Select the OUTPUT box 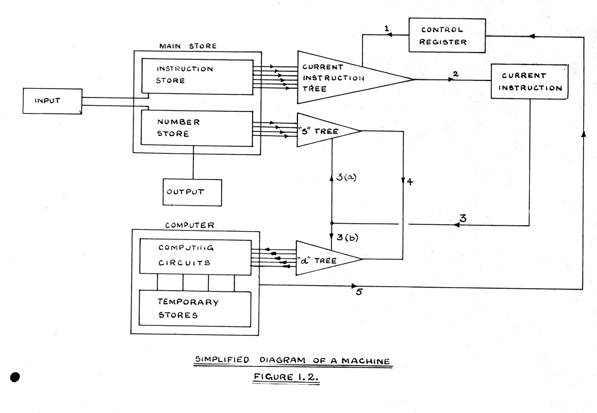pyautogui.click(x=192, y=192)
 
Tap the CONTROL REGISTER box pyautogui.click(x=447, y=35)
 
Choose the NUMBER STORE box pyautogui.click(x=197, y=129)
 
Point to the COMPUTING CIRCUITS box pyautogui.click(x=195, y=255)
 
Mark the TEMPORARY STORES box pyautogui.click(x=195, y=308)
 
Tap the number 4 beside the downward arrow pyautogui.click(x=410, y=182)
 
